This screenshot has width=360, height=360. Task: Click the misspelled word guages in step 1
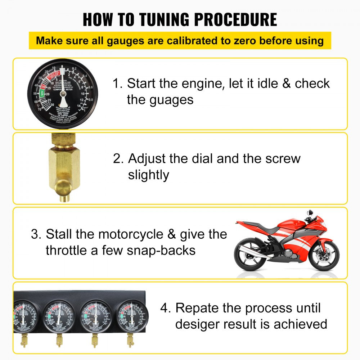[160, 99]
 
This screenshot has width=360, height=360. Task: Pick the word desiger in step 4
[197, 324]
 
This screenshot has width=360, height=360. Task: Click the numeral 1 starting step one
[116, 84]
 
